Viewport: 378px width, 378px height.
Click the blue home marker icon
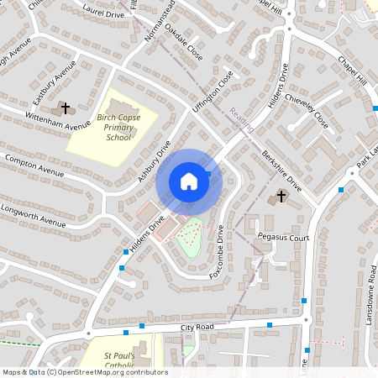[x=189, y=181]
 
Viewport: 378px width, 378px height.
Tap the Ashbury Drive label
[x=155, y=161]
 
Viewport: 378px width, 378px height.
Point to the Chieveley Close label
[x=310, y=108]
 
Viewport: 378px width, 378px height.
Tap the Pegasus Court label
[x=284, y=238]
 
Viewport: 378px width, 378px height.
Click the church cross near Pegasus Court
[x=281, y=197]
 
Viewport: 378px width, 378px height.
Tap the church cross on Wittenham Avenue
[x=66, y=108]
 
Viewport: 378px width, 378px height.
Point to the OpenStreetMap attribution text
[x=85, y=372]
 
